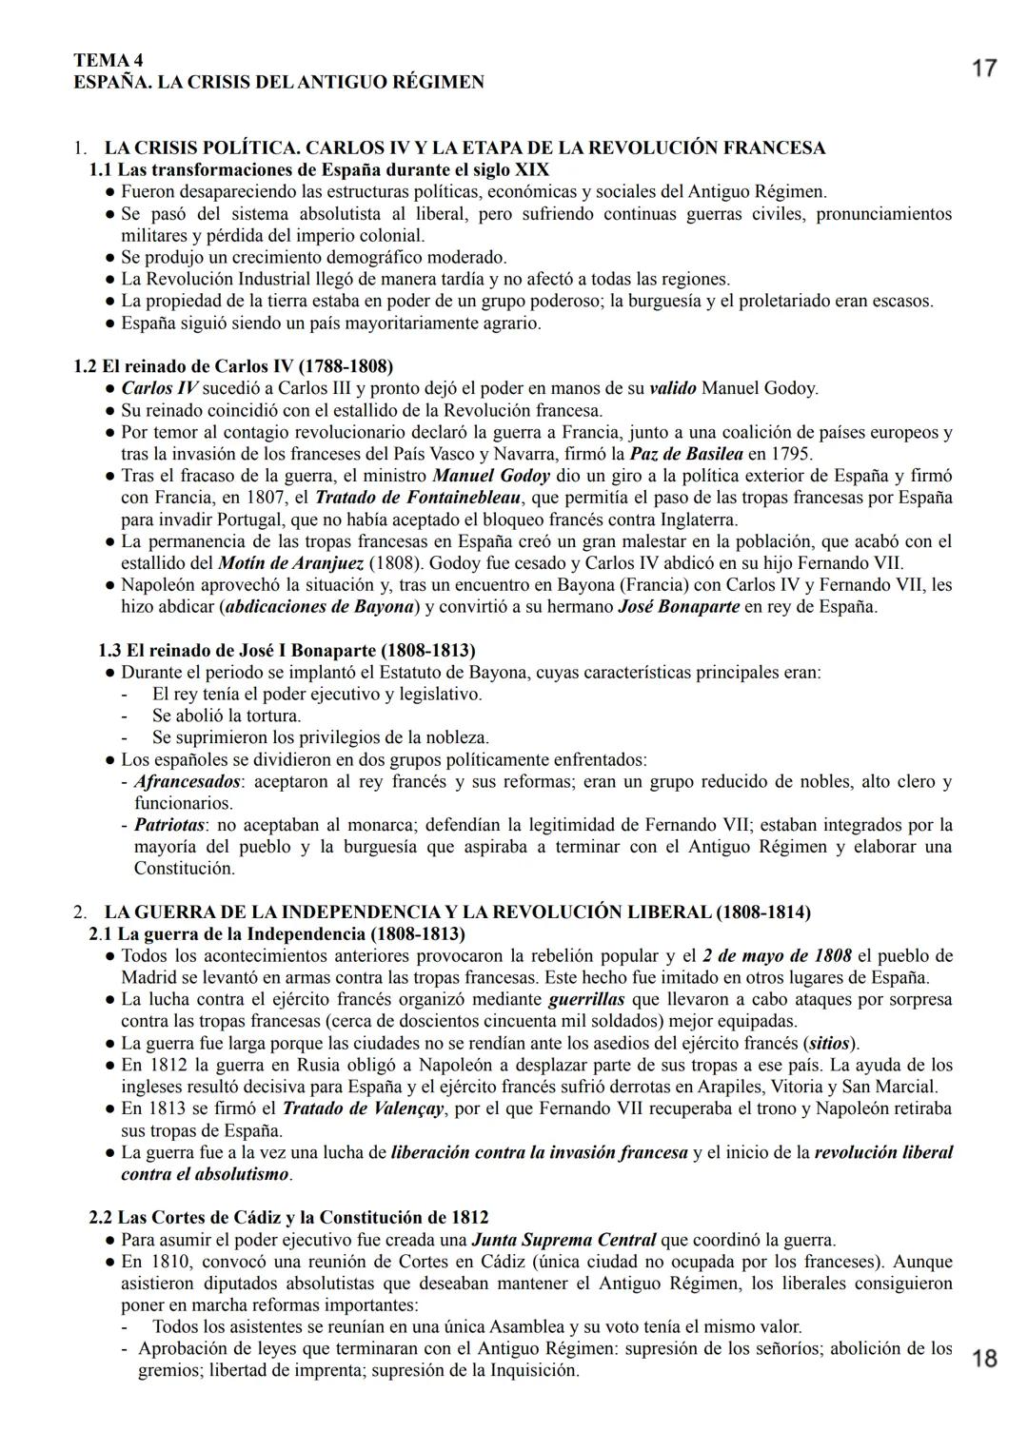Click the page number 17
984,69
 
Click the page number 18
984,1358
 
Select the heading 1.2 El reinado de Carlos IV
233,366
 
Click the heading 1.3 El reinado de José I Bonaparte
287,651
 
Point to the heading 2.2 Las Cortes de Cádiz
288,1218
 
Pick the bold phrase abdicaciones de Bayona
321,607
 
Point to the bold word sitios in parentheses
827,1043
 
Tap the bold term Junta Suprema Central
563,1240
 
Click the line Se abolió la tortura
227,716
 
